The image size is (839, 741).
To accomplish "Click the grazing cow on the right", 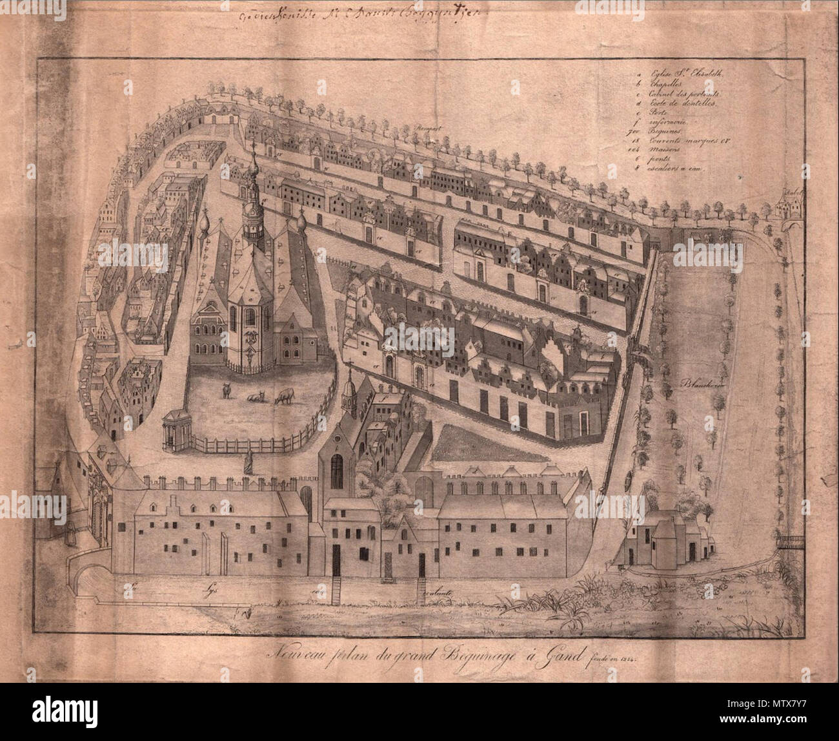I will click(x=285, y=396).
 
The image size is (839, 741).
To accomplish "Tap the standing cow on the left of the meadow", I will click(x=226, y=390).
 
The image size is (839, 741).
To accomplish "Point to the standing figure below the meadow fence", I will click(x=247, y=461).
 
